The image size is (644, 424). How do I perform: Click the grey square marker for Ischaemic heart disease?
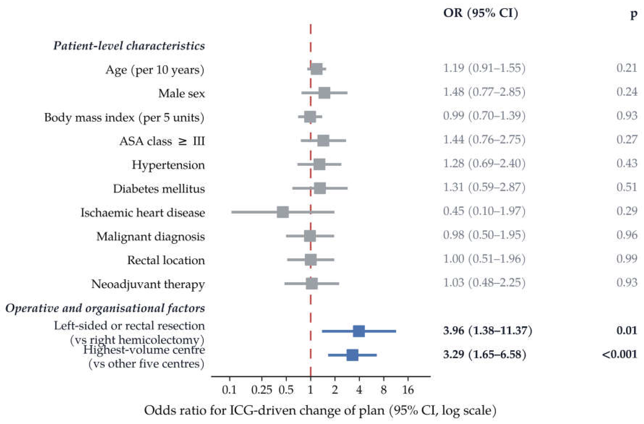click(x=283, y=212)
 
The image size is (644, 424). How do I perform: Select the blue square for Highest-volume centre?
click(x=352, y=355)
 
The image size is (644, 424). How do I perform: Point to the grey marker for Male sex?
click(x=324, y=93)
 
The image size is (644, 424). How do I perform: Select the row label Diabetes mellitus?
click(x=159, y=189)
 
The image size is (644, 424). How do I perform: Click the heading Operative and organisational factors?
click(x=105, y=309)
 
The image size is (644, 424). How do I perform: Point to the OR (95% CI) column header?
click(x=481, y=13)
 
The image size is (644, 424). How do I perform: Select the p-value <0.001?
click(x=620, y=354)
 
